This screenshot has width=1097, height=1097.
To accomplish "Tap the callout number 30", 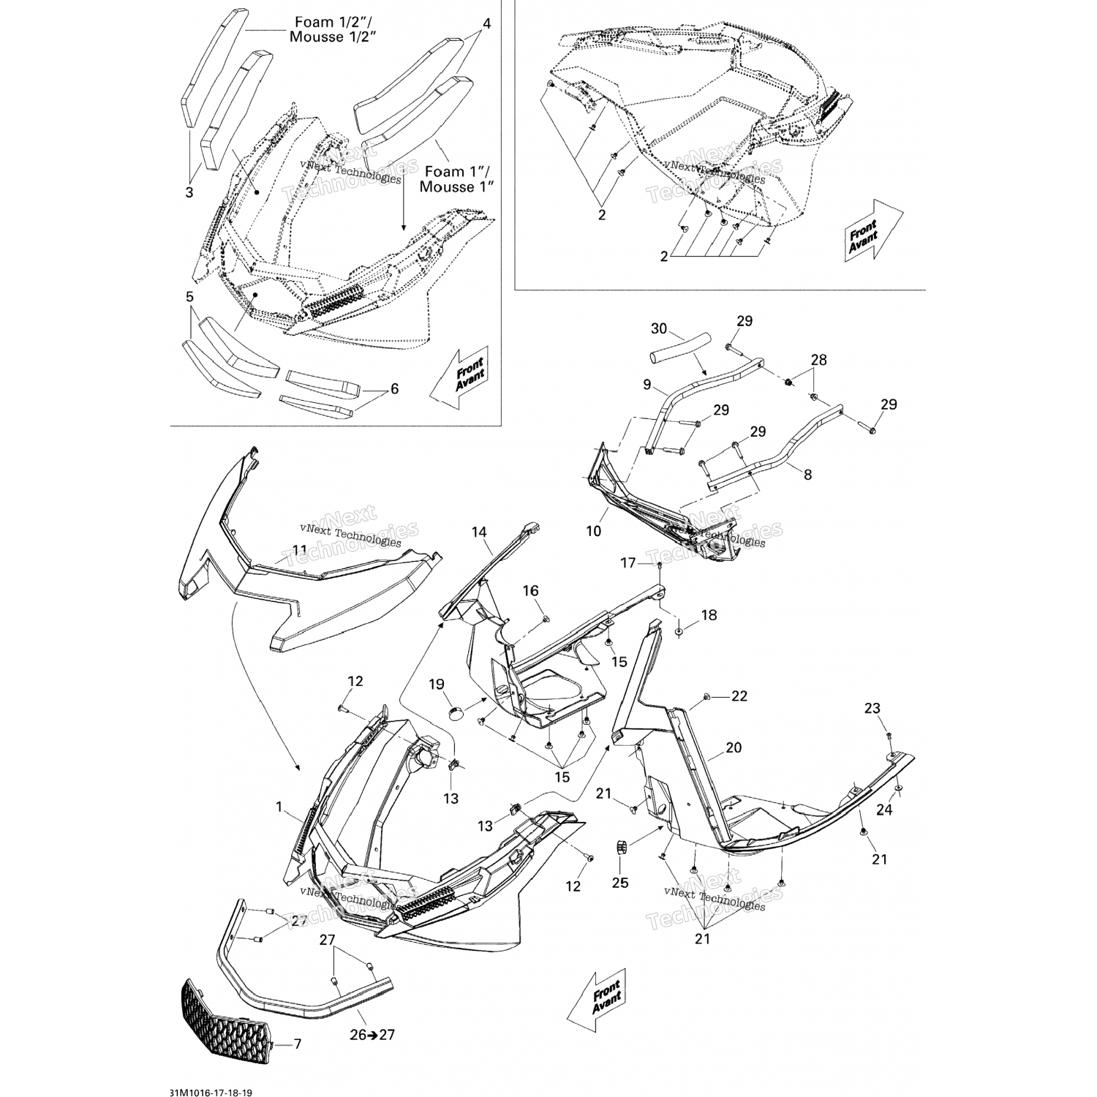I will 659,329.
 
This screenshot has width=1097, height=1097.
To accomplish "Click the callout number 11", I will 300,549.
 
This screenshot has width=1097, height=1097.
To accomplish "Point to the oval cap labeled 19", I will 456,712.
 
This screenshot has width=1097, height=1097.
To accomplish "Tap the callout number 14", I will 478,532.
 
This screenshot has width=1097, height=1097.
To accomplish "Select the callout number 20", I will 734,747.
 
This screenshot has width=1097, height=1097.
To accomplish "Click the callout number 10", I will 594,532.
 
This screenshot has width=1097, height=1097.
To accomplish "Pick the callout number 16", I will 530,590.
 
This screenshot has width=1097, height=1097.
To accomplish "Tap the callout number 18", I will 709,615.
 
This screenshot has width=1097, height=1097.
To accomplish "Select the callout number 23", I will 872,708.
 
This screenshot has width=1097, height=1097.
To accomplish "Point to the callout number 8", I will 807,475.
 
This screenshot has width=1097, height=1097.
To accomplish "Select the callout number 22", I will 739,696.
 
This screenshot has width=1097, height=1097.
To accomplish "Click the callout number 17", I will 629,563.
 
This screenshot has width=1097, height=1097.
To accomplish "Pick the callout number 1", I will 279,807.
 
